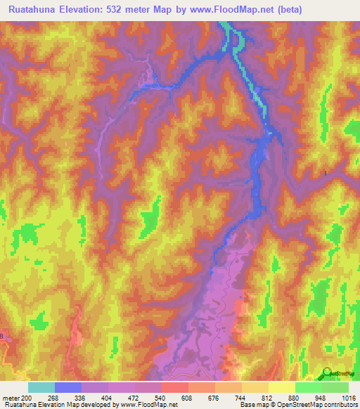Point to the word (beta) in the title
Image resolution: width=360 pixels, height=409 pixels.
(305, 9)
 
